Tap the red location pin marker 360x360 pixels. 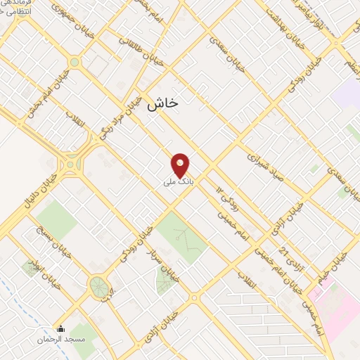(x=181, y=165)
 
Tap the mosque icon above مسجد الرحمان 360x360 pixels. (x=60, y=328)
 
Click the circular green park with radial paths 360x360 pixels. (x=99, y=286)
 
